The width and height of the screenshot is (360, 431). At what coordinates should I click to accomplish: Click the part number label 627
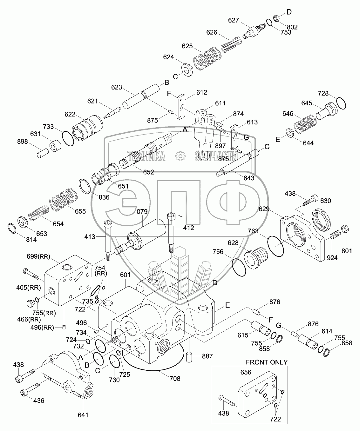tap(234, 20)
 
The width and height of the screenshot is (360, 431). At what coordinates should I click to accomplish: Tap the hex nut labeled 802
tap(276, 18)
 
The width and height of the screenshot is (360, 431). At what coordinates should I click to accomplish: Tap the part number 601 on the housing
tap(125, 275)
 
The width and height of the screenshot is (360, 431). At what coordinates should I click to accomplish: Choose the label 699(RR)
tap(38, 256)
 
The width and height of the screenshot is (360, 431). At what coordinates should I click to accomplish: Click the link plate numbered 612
tap(181, 107)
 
